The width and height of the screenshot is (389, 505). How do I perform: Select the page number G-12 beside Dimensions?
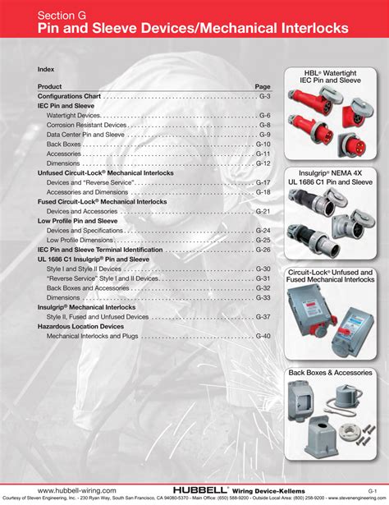click(263, 163)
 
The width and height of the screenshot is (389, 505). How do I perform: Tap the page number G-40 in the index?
click(263, 336)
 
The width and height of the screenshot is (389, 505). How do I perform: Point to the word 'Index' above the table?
click(46, 69)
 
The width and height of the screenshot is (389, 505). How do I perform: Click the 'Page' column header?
click(263, 86)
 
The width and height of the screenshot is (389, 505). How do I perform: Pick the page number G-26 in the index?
click(263, 250)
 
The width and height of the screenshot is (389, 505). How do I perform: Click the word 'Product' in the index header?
click(49, 86)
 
